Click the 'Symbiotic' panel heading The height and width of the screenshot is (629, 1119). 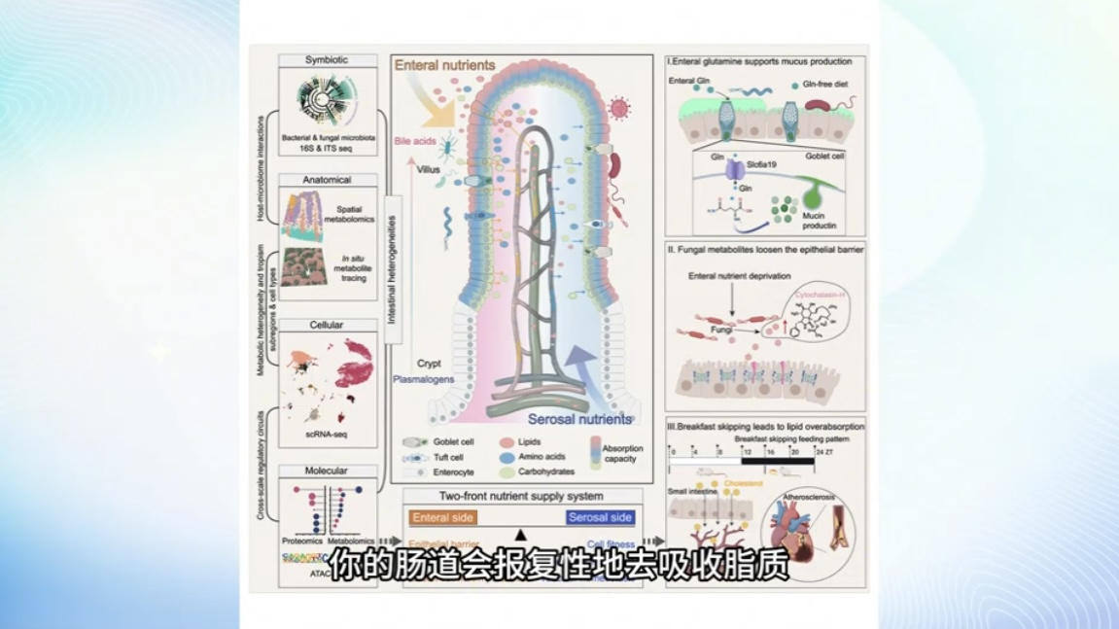coord(327,60)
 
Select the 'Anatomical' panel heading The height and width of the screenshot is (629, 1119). coord(327,180)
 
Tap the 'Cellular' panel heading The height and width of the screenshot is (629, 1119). coord(327,325)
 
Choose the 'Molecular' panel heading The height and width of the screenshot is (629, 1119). coord(327,472)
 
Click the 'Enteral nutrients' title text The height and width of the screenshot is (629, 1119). coord(444,66)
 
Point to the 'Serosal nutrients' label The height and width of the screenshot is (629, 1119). coord(580,419)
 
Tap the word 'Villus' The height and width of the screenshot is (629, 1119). coord(429,169)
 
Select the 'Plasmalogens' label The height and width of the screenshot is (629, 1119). coord(424,379)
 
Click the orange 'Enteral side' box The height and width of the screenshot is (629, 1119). coord(442,518)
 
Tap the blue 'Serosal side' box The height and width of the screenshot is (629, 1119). coord(601,518)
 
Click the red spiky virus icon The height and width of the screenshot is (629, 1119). coord(619,107)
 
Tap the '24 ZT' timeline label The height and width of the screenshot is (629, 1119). coord(823,452)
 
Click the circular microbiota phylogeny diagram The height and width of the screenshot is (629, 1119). coord(325,106)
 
